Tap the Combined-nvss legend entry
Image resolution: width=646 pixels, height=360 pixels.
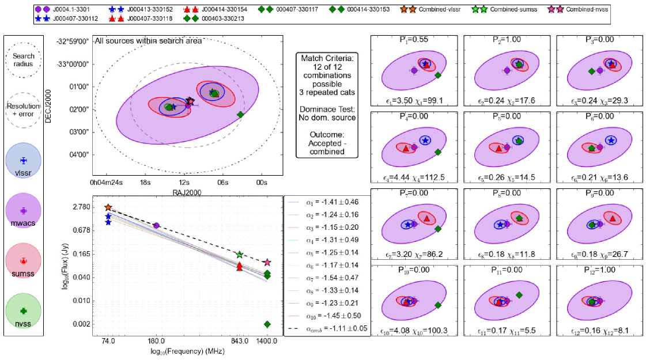click(582, 9)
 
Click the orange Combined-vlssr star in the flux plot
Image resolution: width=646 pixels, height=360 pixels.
click(108, 207)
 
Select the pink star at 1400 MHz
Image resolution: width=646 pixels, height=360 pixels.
click(267, 263)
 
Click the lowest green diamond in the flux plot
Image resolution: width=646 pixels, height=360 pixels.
click(267, 324)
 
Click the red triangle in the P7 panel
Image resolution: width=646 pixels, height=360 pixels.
click(427, 219)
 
